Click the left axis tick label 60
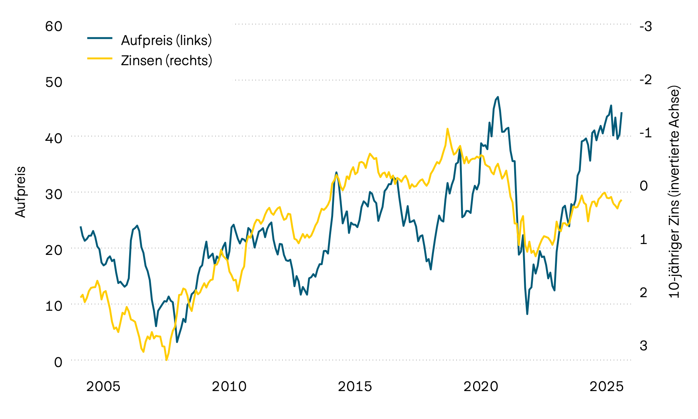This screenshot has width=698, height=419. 54,26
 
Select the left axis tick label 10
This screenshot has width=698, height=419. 54,306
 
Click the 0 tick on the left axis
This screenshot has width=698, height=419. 58,362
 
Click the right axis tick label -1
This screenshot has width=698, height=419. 646,132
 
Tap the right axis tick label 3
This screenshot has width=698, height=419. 643,345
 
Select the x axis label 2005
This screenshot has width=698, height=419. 103,386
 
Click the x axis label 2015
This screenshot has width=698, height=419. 355,386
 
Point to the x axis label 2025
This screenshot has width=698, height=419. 606,386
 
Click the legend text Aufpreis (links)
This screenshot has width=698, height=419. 166,40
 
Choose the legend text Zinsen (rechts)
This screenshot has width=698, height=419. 167,61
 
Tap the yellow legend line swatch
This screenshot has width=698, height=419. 100,58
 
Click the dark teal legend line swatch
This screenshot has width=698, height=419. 100,38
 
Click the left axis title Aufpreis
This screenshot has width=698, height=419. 20,192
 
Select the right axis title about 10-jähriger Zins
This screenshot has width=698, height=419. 675,192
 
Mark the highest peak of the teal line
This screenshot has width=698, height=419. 498,97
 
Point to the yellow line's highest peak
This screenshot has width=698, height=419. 447,129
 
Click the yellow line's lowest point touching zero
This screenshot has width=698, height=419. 166,360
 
